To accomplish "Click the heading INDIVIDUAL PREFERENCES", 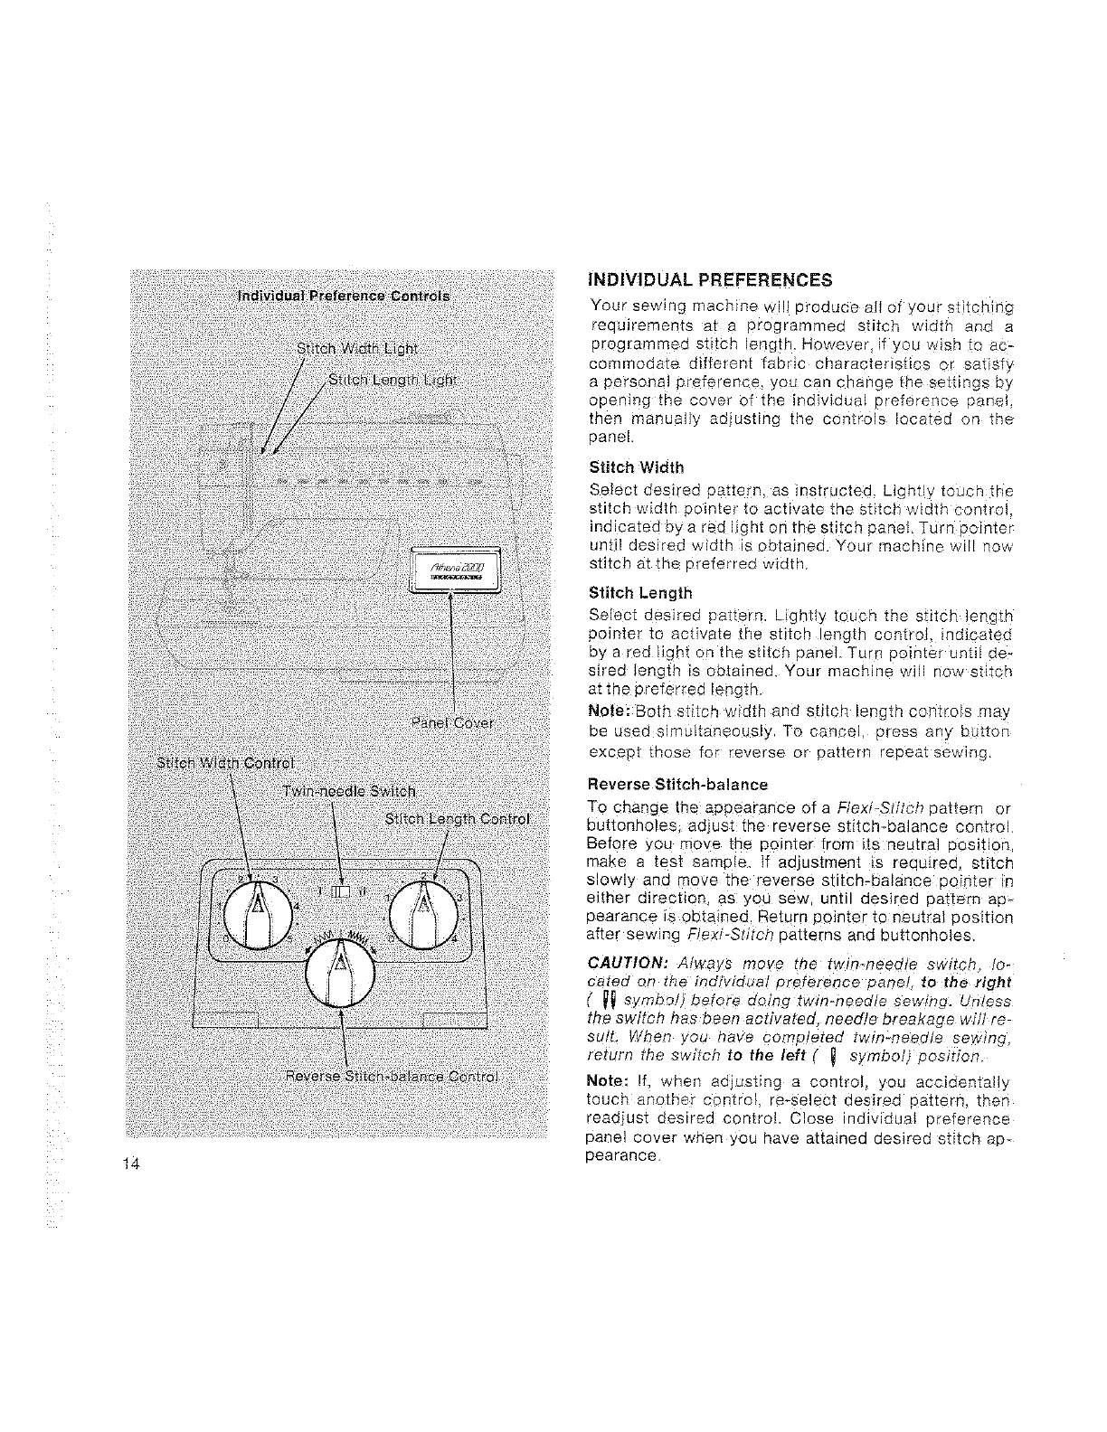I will click(709, 278).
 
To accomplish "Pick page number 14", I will click(130, 1163).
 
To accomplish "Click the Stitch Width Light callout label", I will click(357, 350).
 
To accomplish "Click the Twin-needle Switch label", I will click(348, 792).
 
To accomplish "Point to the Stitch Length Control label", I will click(457, 820).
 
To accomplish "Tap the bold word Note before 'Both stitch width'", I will click(603, 712).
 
